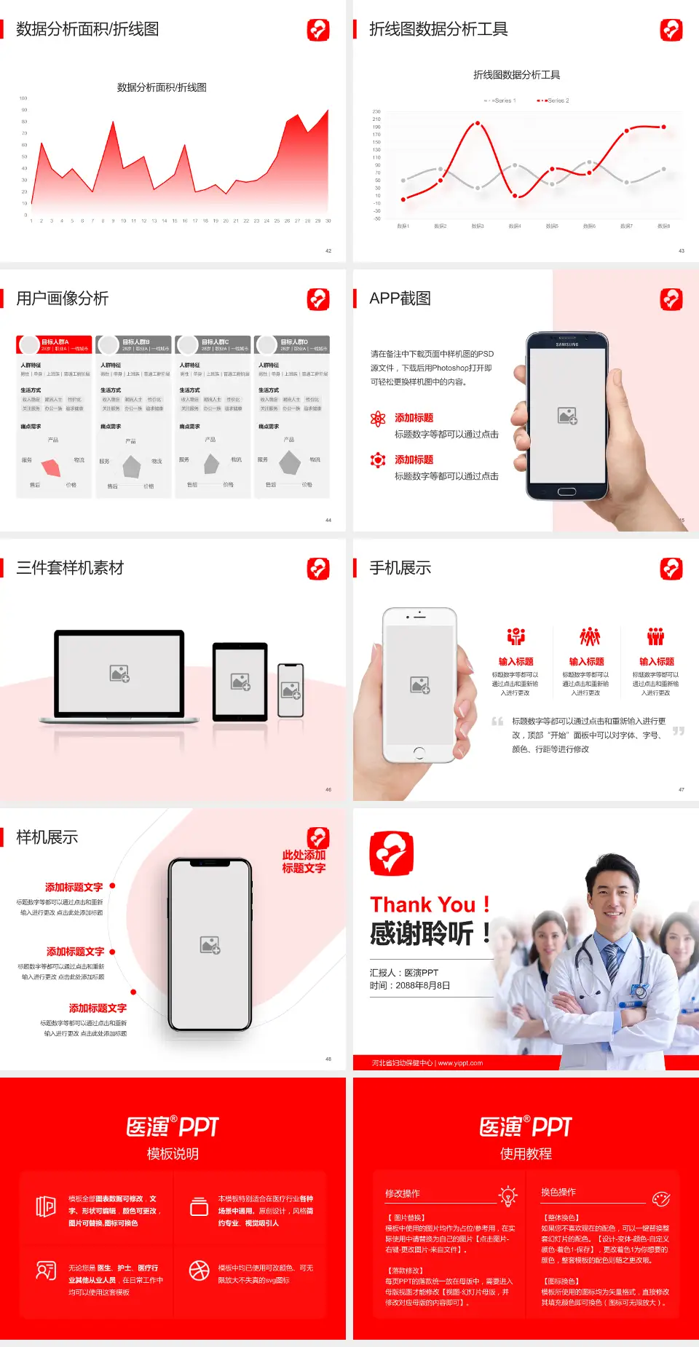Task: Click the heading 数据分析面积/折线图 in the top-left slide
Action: tap(87, 29)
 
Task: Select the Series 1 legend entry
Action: tap(501, 100)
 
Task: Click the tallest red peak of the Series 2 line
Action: tap(478, 123)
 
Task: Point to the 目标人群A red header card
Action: tap(55, 344)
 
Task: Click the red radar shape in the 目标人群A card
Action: tap(52, 467)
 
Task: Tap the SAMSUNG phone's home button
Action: tap(566, 491)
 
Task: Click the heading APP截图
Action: tap(400, 299)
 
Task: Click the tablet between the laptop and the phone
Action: tap(240, 682)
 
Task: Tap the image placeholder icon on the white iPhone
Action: tap(420, 685)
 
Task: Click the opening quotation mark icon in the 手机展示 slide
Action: tap(497, 722)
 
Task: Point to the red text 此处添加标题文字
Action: tap(304, 861)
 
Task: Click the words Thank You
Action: tap(422, 904)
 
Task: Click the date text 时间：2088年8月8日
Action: tap(409, 985)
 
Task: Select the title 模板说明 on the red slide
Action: tap(173, 1153)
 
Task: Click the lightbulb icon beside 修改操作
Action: tap(508, 1196)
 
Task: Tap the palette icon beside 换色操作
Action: tap(661, 1198)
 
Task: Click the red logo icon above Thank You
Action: tap(392, 853)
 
